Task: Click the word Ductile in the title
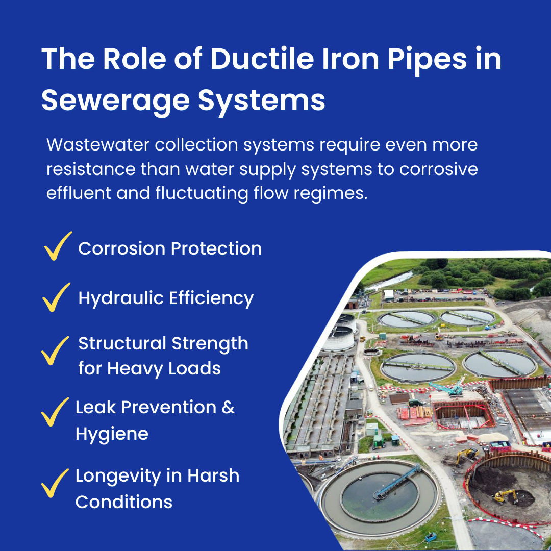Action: coord(262,58)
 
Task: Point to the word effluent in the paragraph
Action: coord(79,193)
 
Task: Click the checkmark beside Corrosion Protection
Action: coord(58,246)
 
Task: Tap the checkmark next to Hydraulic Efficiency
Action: coord(56,297)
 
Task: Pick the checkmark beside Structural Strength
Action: coord(55,350)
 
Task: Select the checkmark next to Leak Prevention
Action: coord(55,412)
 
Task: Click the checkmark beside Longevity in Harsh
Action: coord(55,483)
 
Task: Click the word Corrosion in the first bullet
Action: coord(122,248)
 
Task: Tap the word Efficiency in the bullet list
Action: coord(211,298)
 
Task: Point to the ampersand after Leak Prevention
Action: coord(228,408)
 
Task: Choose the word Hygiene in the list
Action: coord(112,435)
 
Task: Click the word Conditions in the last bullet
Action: coord(123,502)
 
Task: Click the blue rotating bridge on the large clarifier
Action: coord(397,482)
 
